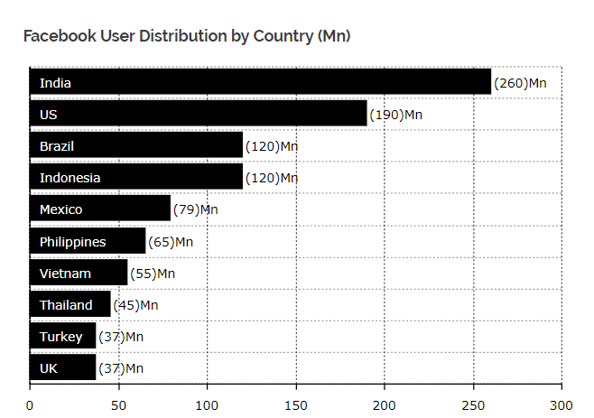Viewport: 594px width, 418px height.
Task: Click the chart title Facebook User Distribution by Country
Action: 187,36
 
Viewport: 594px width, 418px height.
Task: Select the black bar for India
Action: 260,82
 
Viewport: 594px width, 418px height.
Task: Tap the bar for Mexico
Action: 100,209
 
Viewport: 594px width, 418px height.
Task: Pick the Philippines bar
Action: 88,241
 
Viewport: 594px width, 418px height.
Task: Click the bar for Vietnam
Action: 79,273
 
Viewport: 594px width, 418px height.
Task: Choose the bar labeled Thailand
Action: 70,304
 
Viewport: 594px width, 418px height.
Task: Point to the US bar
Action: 199,115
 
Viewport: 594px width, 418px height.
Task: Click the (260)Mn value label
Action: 521,83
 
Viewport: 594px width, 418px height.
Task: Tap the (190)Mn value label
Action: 395,115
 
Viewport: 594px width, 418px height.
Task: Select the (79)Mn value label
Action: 195,209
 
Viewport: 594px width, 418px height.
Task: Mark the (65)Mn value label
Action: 171,241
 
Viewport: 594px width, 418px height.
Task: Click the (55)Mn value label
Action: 153,273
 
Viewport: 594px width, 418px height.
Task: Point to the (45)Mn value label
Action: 135,304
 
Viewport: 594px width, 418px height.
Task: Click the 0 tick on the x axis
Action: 30,405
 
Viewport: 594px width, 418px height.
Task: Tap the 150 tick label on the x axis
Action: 296,405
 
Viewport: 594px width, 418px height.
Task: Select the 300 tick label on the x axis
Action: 562,405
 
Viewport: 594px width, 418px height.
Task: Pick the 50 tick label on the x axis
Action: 118,405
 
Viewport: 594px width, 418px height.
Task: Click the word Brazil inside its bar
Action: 57,146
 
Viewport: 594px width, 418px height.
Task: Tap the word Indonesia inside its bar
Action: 70,178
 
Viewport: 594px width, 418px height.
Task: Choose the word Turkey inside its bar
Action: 60,337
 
